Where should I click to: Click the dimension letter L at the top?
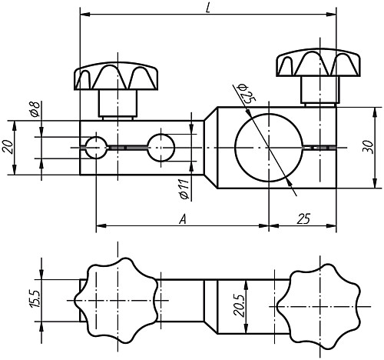point(209,7)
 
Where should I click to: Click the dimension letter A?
point(182,219)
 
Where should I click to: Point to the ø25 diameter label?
point(247,95)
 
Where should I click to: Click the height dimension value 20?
point(8,147)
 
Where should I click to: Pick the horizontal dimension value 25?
point(303,219)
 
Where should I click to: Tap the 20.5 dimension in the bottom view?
point(239,307)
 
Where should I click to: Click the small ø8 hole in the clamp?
point(97,146)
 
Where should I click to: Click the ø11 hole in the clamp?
point(161,146)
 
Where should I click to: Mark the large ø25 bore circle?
point(268,146)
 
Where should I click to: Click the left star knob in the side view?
point(118,76)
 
